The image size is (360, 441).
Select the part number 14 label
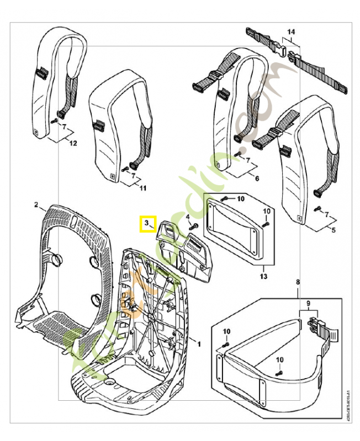click(291, 31)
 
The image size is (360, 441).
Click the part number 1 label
click(199, 343)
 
